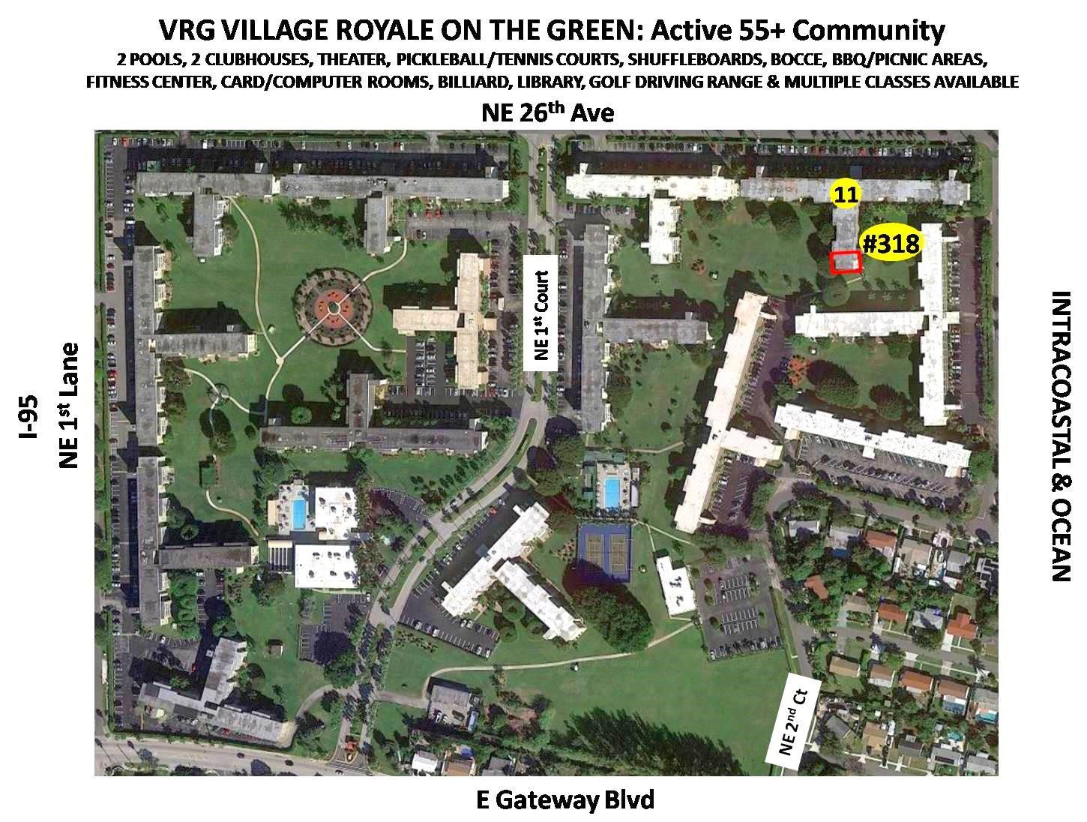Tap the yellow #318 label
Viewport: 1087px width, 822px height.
pos(891,243)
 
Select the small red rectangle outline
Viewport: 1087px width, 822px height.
pos(846,262)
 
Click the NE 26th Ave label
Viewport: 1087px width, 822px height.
pos(548,113)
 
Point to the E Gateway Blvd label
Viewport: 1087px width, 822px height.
pos(565,800)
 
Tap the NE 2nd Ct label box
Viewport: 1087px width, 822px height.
pos(794,718)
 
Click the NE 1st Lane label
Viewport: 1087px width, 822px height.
pos(69,405)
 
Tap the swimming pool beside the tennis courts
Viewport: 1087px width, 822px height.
pos(612,492)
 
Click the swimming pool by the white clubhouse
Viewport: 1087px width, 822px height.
pos(300,513)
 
